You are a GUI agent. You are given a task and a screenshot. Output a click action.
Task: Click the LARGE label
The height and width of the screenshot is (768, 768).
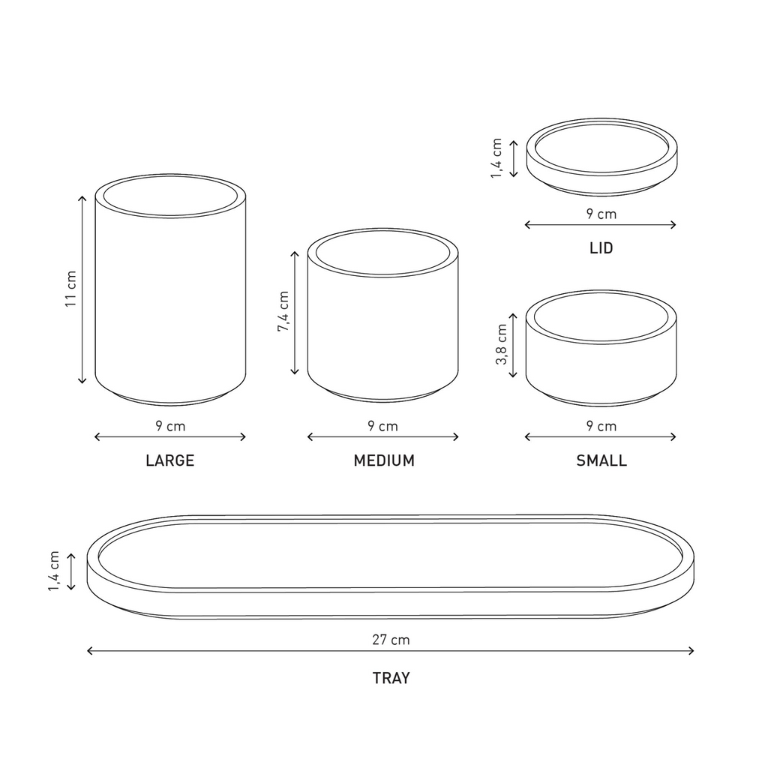[170, 460]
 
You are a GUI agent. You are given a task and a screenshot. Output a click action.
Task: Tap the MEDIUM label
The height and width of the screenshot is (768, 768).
[384, 460]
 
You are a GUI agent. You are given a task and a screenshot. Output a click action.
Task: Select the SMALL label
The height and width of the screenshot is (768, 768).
[601, 460]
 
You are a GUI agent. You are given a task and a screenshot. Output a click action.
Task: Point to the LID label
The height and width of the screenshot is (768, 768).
[601, 247]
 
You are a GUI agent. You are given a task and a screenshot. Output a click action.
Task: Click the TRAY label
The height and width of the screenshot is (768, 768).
[391, 678]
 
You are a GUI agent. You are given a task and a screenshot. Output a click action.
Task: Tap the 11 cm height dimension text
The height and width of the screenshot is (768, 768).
[71, 289]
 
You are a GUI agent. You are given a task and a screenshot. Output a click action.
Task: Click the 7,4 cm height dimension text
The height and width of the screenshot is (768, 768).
[283, 311]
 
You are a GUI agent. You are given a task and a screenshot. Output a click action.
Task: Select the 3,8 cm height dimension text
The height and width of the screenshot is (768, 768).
[502, 344]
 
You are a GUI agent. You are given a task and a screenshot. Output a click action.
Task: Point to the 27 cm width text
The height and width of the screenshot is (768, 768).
[391, 640]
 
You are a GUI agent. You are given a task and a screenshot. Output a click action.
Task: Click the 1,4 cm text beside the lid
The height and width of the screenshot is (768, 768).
[496, 158]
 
